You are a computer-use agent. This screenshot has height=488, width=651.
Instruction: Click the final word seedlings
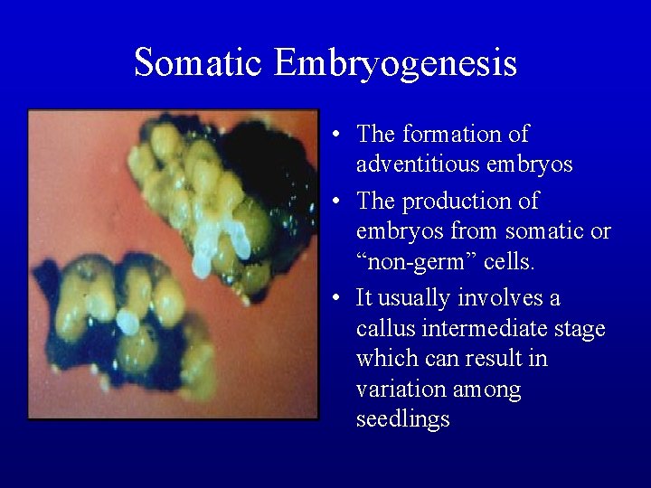coord(402,421)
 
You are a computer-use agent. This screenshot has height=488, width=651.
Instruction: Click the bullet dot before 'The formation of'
coord(335,136)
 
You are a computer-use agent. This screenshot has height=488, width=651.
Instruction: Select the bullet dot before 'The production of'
coord(335,201)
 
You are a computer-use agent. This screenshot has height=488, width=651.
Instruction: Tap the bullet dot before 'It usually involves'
coord(335,298)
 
